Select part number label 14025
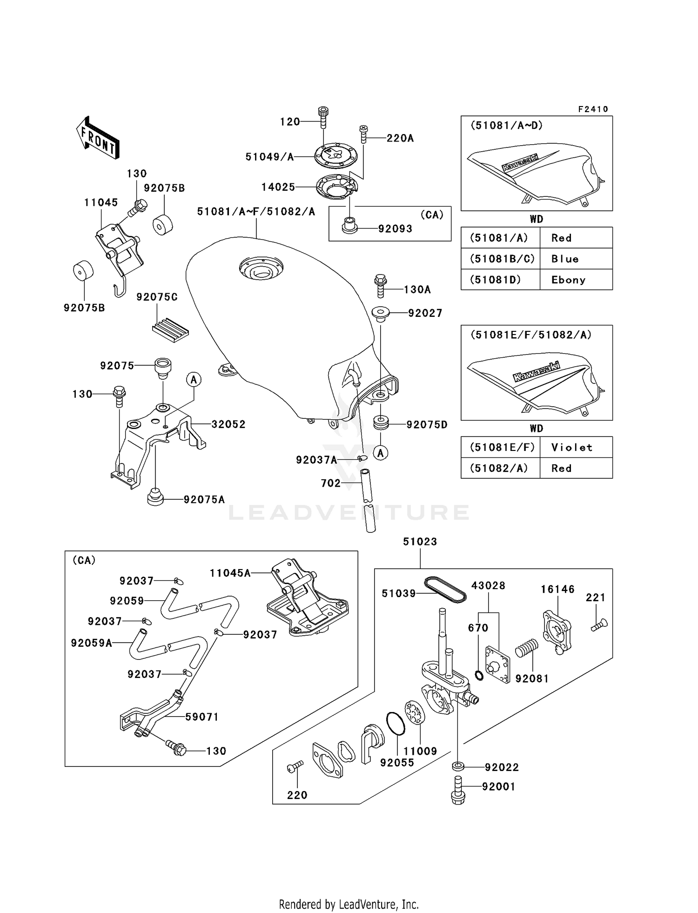pyautogui.click(x=278, y=187)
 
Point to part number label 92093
pyautogui.click(x=395, y=228)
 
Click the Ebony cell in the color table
pyautogui.click(x=568, y=280)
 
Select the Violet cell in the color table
pyautogui.click(x=571, y=447)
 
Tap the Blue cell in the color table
pyautogui.click(x=565, y=259)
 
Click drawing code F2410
pyautogui.click(x=593, y=109)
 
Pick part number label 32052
pyautogui.click(x=228, y=424)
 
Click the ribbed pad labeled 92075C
pyautogui.click(x=170, y=329)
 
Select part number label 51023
pyautogui.click(x=420, y=541)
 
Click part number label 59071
pyautogui.click(x=201, y=717)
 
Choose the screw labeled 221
pyautogui.click(x=599, y=625)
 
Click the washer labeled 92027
pyautogui.click(x=381, y=313)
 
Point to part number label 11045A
pyautogui.click(x=230, y=573)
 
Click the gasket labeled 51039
pyautogui.click(x=445, y=589)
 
